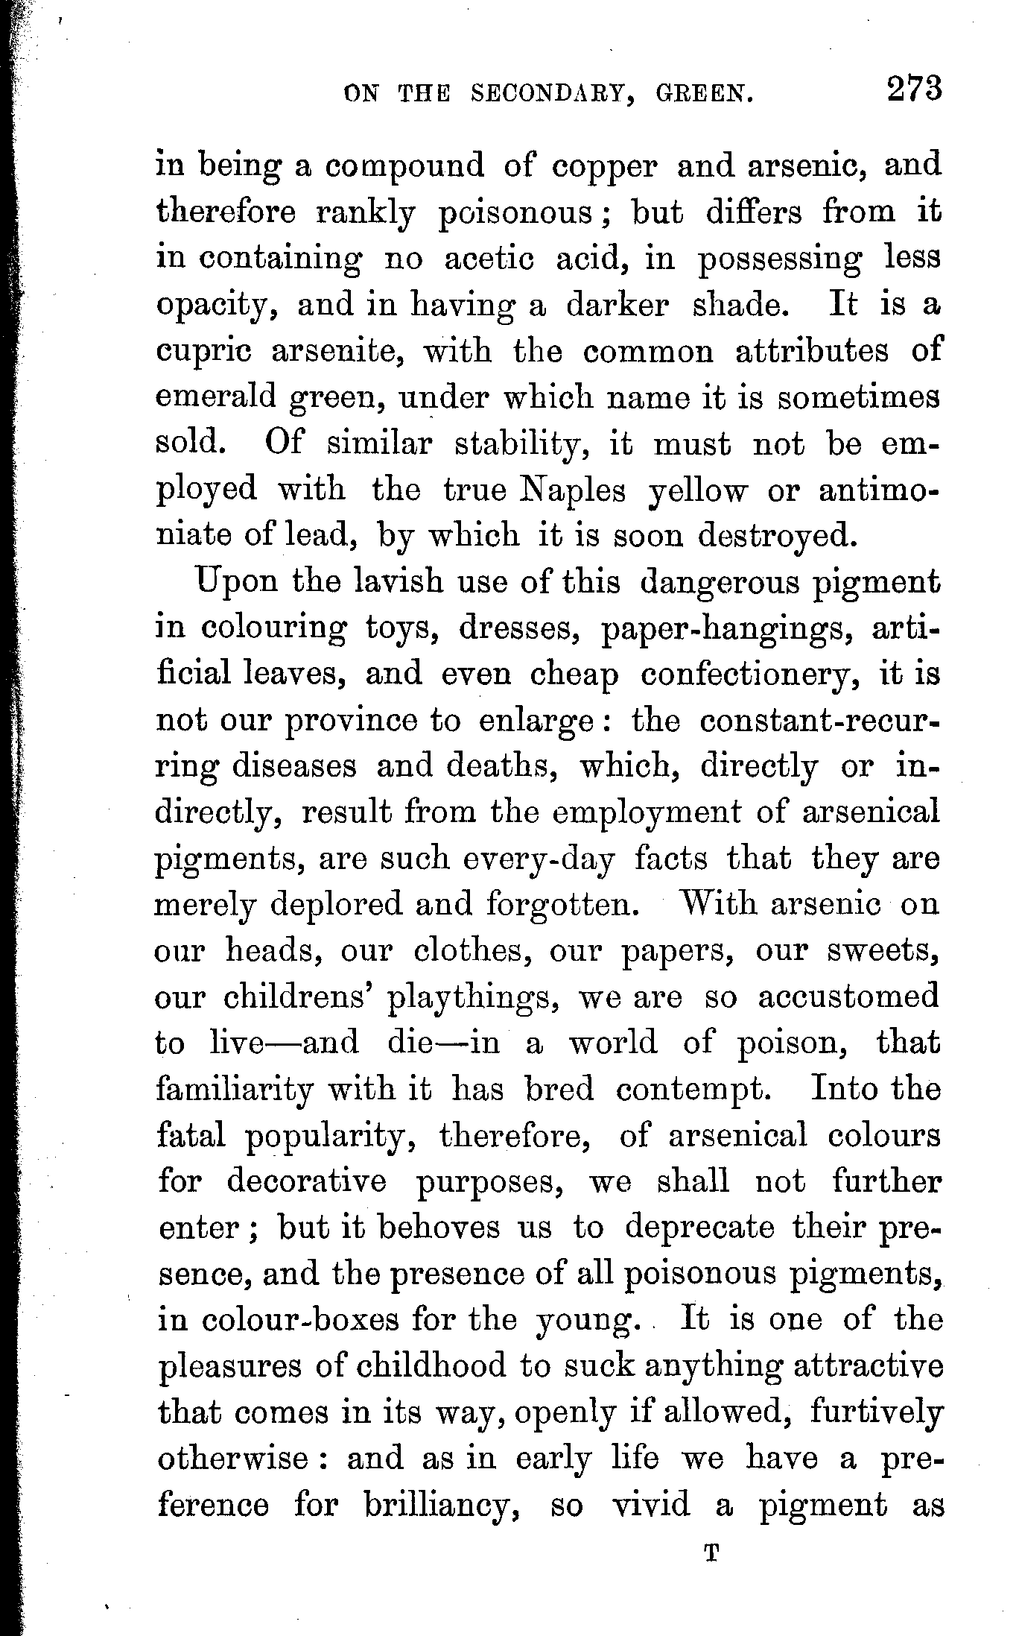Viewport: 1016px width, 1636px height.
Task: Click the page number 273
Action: click(x=914, y=89)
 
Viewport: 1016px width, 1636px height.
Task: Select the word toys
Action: click(x=402, y=628)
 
